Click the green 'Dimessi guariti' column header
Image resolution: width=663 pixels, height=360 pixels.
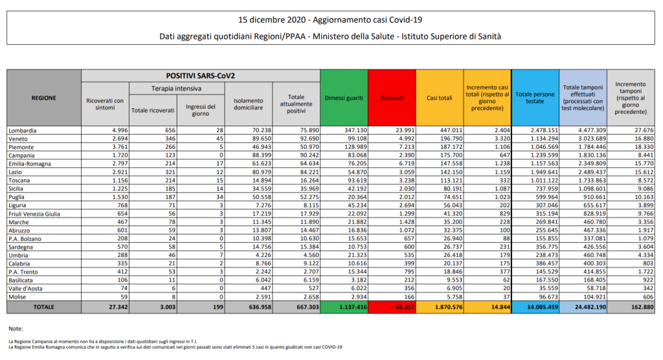344,98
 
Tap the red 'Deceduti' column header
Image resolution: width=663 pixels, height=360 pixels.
392,98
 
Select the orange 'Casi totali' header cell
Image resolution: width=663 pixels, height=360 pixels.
440,98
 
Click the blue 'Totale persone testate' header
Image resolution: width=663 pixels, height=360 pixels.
535,98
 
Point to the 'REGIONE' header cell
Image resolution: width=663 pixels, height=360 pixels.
44,98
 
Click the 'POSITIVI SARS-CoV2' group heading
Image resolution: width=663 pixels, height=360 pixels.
201,76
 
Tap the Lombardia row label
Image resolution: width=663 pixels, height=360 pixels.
23,131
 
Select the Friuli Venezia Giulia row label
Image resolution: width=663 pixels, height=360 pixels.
35,213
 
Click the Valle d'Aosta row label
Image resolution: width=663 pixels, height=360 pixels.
25,287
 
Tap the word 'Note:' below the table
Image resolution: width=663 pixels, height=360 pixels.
17,328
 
